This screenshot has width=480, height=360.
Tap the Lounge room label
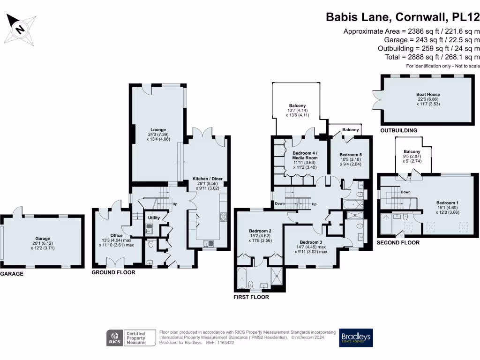tap(158, 130)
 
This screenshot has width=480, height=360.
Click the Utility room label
tap(154, 218)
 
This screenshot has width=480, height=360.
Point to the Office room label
tap(116, 236)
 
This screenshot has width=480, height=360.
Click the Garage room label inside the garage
tap(43, 239)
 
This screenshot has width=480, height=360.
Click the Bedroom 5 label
tap(351, 155)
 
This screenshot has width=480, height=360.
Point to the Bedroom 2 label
tap(260, 231)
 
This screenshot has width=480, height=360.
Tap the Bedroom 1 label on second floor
tap(447, 203)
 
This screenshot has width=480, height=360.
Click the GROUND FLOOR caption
tap(113, 272)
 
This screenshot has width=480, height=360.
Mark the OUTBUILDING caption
tap(399, 130)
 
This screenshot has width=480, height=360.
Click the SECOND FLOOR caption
tap(398, 243)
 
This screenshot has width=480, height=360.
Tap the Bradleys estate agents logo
tap(356, 338)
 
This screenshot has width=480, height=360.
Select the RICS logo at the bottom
tap(114, 337)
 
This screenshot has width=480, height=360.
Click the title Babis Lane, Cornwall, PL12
tap(403, 17)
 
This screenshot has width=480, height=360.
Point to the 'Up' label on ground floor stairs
tap(175, 205)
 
